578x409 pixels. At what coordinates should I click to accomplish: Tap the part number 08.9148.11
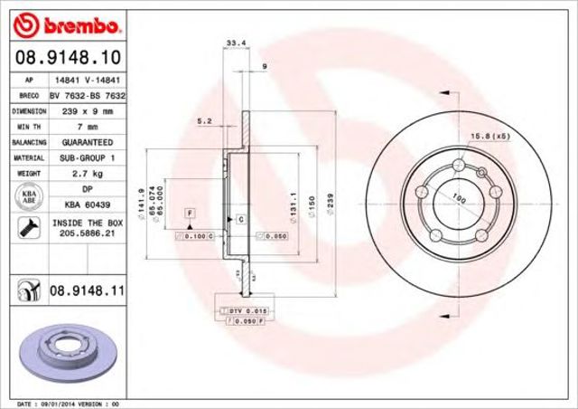point(85,291)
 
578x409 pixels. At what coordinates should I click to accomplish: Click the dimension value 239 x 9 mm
point(87,111)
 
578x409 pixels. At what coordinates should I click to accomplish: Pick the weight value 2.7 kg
point(87,173)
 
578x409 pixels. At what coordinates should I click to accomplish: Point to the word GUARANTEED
point(87,142)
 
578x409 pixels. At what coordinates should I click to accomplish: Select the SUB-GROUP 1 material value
point(87,157)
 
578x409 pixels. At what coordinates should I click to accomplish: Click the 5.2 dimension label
point(204,120)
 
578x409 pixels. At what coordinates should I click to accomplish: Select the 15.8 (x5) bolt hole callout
point(488,136)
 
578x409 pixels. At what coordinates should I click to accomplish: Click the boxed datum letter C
point(241,219)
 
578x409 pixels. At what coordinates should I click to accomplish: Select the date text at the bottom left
point(68,402)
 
